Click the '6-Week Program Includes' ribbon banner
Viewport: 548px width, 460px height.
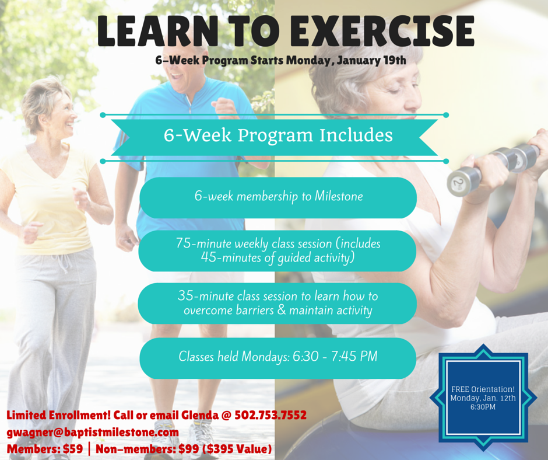pyautogui.click(x=275, y=137)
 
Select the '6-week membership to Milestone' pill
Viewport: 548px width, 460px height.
pyautogui.click(x=278, y=198)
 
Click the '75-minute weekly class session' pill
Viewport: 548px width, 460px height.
pyautogui.click(x=277, y=250)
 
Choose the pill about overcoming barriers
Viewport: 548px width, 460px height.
pyautogui.click(x=277, y=304)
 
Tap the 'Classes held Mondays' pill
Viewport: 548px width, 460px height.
pyautogui.click(x=278, y=358)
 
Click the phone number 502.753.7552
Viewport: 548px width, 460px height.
pyautogui.click(x=271, y=415)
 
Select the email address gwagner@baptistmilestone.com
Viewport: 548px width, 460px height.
pyautogui.click(x=93, y=433)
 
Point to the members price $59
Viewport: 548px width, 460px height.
pyautogui.click(x=73, y=449)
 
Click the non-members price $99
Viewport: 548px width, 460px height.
pyautogui.click(x=189, y=449)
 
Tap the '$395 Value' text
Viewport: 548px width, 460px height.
pyautogui.click(x=239, y=449)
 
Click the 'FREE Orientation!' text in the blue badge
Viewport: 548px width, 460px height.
pyautogui.click(x=483, y=389)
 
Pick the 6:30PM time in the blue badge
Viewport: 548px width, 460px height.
pyautogui.click(x=483, y=407)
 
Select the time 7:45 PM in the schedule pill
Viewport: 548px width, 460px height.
pyautogui.click(x=354, y=356)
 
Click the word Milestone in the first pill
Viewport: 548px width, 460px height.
pyautogui.click(x=339, y=196)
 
